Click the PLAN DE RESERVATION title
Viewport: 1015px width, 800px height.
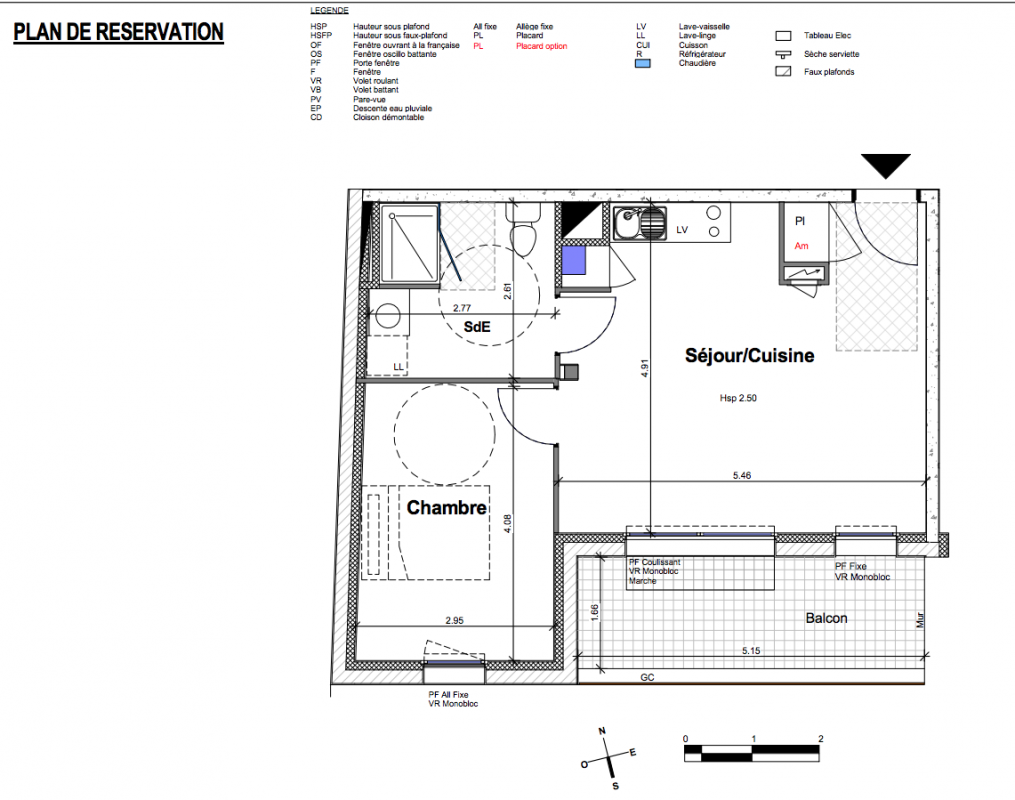click(x=118, y=32)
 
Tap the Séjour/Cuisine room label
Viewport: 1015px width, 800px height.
click(x=750, y=355)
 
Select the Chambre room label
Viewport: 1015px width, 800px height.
click(x=447, y=507)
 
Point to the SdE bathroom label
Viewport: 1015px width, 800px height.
click(x=477, y=327)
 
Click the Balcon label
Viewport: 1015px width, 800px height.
click(x=826, y=618)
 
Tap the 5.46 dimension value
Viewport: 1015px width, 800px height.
click(x=742, y=475)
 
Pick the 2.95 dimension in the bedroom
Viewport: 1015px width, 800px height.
click(x=454, y=620)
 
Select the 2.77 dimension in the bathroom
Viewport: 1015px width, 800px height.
click(x=462, y=308)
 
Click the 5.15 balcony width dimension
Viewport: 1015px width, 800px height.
click(x=751, y=650)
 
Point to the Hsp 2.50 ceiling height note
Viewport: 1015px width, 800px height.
click(x=738, y=398)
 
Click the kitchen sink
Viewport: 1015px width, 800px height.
click(x=640, y=223)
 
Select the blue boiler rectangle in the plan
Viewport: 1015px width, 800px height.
click(x=574, y=260)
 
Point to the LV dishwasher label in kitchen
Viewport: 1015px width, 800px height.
click(x=682, y=230)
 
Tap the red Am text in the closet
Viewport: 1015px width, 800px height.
click(x=801, y=246)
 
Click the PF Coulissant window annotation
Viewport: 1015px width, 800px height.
click(x=654, y=562)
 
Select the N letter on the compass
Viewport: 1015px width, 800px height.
click(x=602, y=731)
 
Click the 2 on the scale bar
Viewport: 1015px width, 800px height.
click(x=821, y=739)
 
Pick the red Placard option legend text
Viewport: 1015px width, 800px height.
click(x=542, y=46)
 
